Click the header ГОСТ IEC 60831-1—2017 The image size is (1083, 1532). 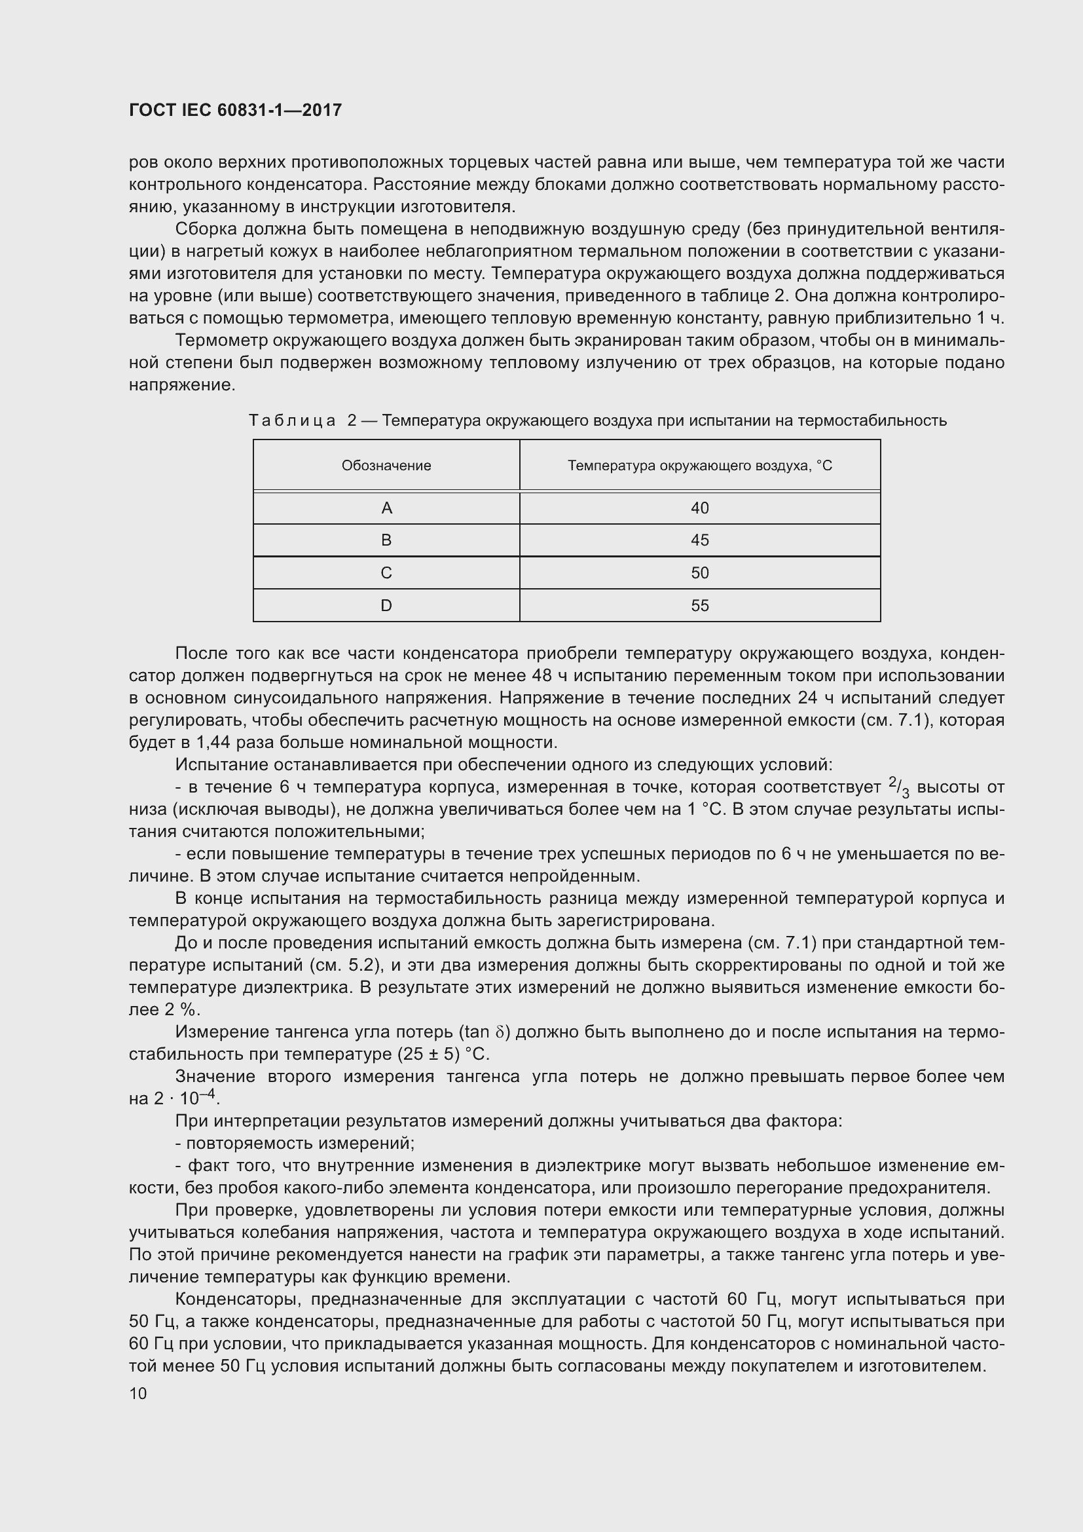[x=235, y=110]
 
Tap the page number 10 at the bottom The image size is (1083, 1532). [x=138, y=1393]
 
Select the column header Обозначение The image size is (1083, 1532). [x=386, y=466]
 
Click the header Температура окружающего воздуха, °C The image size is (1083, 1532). [x=699, y=466]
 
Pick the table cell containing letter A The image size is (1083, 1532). [x=386, y=508]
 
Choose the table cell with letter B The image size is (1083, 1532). [x=386, y=540]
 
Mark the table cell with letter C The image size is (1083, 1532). [x=386, y=573]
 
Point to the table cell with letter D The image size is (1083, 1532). [x=386, y=606]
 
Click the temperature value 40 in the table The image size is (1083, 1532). [x=699, y=508]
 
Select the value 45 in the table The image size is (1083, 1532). [x=699, y=540]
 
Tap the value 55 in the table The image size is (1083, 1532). [x=699, y=606]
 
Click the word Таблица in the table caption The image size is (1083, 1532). [x=291, y=421]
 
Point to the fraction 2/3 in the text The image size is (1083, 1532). [x=898, y=788]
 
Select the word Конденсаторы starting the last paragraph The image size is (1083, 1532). [x=236, y=1299]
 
